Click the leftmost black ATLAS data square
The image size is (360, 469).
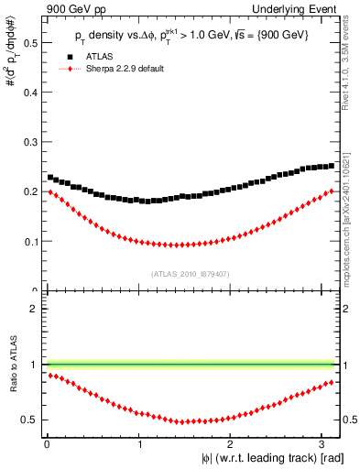(49, 177)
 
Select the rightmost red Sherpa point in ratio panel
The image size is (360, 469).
(333, 382)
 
